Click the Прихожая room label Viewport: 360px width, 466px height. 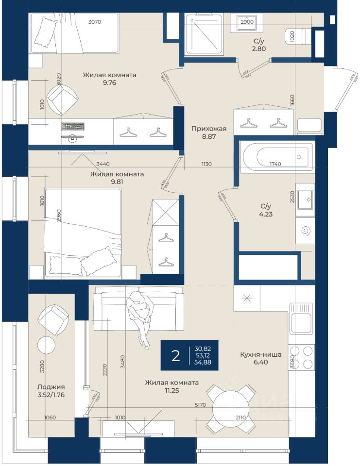pyautogui.click(x=209, y=129)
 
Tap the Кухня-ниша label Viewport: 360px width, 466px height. pyautogui.click(x=260, y=354)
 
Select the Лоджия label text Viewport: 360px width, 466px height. pyautogui.click(x=51, y=387)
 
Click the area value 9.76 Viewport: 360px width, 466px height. pyautogui.click(x=109, y=83)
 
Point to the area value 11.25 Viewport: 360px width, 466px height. pyautogui.click(x=171, y=390)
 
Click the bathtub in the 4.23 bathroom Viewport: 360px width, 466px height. pyautogui.click(x=278, y=157)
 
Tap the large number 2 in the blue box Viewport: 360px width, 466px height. pyautogui.click(x=175, y=355)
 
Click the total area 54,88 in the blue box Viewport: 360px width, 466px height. pyautogui.click(x=203, y=362)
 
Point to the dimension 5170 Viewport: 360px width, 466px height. pyautogui.click(x=200, y=405)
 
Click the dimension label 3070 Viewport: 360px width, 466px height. pyautogui.click(x=95, y=22)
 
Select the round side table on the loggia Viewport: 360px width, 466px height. pyautogui.click(x=46, y=345)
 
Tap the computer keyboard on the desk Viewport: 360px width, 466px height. pyautogui.click(x=73, y=126)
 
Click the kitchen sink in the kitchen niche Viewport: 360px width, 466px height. pyautogui.click(x=301, y=318)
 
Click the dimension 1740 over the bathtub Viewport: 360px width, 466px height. pyautogui.click(x=275, y=164)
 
